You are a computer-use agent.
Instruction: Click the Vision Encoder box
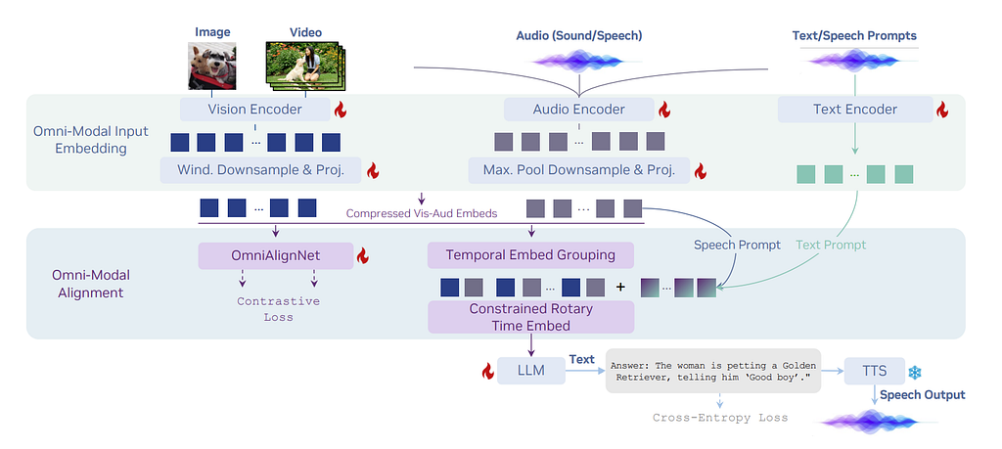[253, 110]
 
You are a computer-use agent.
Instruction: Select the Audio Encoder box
[577, 110]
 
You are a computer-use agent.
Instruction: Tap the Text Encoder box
[854, 110]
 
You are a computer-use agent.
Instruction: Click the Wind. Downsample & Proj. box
[260, 170]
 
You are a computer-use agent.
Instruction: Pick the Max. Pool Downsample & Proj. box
[578, 170]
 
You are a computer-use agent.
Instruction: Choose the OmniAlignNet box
[276, 256]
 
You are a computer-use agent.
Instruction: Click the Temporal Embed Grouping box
[530, 255]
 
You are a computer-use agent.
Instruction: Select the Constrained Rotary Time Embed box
[530, 316]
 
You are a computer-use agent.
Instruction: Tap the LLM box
[532, 370]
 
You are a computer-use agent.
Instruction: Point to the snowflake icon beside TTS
[915, 372]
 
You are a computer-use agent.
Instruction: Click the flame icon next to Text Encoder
[943, 111]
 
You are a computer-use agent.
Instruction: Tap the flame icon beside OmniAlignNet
[362, 256]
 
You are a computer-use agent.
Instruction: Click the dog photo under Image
[212, 67]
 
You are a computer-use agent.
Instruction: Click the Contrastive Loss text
[278, 309]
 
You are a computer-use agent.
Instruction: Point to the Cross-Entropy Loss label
[720, 418]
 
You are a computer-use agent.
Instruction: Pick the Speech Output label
[922, 395]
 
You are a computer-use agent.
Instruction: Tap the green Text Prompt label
[831, 245]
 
